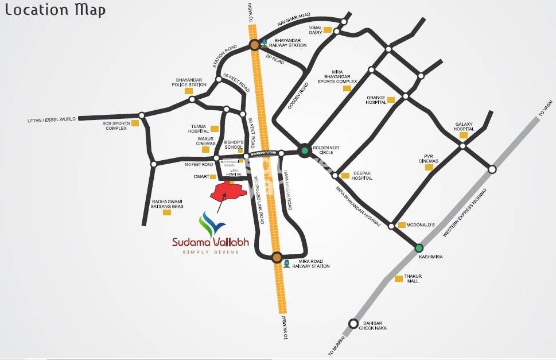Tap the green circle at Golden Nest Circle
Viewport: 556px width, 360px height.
point(305,151)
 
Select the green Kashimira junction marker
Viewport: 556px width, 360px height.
point(419,248)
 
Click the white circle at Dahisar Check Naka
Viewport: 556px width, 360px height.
point(353,323)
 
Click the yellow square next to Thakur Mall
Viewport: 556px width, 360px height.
point(399,278)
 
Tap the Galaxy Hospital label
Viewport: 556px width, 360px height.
point(465,126)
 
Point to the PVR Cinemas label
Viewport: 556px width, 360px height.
point(428,158)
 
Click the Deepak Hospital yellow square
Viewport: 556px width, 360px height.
point(345,176)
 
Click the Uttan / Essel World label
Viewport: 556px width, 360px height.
point(51,119)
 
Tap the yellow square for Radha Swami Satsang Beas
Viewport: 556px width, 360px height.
point(167,212)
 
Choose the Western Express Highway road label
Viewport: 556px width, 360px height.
point(466,212)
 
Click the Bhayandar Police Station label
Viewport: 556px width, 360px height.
point(189,82)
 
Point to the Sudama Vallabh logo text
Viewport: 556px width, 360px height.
point(211,242)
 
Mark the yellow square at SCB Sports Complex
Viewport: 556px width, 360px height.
point(135,123)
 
